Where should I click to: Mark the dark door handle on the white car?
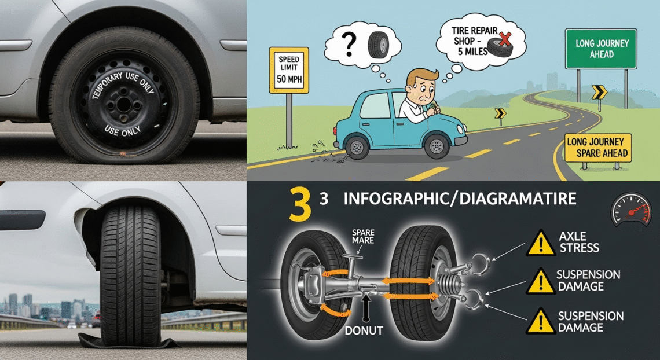[x=22, y=219]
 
